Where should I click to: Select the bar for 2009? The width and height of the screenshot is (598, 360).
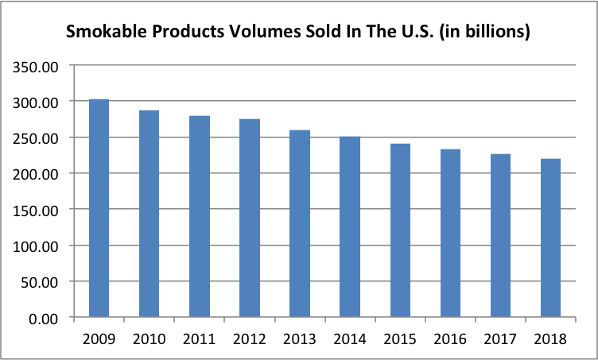(99, 208)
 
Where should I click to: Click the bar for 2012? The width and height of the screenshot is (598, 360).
(250, 218)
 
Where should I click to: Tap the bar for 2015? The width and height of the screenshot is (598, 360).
(400, 230)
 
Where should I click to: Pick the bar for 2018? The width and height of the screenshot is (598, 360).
(550, 238)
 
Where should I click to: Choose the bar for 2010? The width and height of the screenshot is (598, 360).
(149, 213)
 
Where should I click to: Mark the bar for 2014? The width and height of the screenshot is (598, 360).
(350, 226)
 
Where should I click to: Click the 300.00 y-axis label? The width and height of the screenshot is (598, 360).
(36, 103)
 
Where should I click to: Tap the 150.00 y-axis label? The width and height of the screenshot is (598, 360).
(36, 211)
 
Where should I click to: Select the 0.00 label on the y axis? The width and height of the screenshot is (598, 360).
(44, 319)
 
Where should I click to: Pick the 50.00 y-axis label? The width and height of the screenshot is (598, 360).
(40, 283)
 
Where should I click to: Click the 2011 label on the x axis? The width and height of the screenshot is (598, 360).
(199, 339)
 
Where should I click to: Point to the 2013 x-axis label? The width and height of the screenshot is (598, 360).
(299, 339)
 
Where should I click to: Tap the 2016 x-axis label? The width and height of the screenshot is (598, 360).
(450, 339)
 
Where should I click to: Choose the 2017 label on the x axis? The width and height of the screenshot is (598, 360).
(500, 339)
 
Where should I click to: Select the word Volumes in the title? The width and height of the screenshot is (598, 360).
(265, 31)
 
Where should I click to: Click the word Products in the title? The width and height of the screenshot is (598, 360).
(188, 31)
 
